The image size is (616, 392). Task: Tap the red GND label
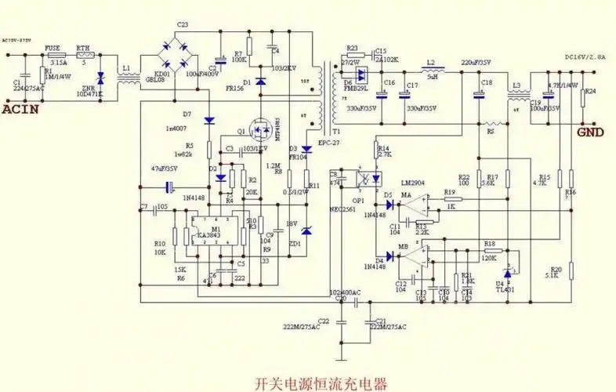pos(589,132)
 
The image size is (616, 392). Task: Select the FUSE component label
pos(53,48)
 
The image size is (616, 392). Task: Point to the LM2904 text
pos(413,181)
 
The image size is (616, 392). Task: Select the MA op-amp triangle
pos(414,205)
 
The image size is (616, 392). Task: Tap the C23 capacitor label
pos(183,25)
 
